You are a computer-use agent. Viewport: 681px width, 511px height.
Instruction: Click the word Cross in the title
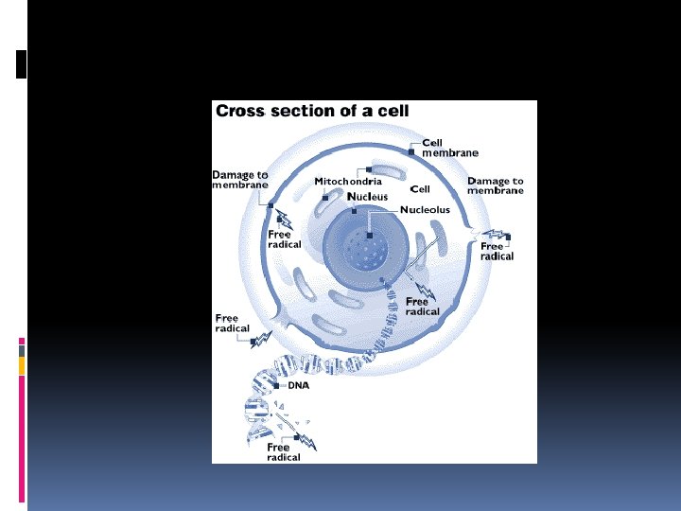coord(240,111)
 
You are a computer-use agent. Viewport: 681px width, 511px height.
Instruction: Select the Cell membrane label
coord(449,148)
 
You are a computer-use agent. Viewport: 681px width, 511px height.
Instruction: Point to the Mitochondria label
coord(348,181)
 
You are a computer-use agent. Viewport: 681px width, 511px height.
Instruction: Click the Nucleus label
coord(367,197)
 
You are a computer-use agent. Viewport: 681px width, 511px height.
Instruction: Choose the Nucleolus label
coord(425,210)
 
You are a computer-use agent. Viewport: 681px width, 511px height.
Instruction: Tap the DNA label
coord(298,385)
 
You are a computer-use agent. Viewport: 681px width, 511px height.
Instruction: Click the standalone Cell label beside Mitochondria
coord(419,189)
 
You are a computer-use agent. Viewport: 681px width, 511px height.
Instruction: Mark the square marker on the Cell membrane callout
coord(411,151)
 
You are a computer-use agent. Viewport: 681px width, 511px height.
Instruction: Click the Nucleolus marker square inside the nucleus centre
coord(370,234)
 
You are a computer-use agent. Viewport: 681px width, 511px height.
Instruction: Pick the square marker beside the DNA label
coord(276,386)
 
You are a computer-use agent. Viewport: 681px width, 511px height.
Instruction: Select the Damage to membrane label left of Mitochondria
coord(239,180)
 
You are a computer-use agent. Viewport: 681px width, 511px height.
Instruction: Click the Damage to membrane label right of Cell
coord(495,185)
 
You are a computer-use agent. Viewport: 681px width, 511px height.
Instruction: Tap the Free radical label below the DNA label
coord(283,452)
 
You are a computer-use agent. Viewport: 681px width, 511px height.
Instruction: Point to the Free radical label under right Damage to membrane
coord(497,251)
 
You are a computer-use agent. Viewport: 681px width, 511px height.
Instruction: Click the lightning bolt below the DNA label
coord(306,436)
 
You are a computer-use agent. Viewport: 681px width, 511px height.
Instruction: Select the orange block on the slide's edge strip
coord(22,366)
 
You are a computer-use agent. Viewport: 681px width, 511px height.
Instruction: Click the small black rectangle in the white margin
coord(22,63)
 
